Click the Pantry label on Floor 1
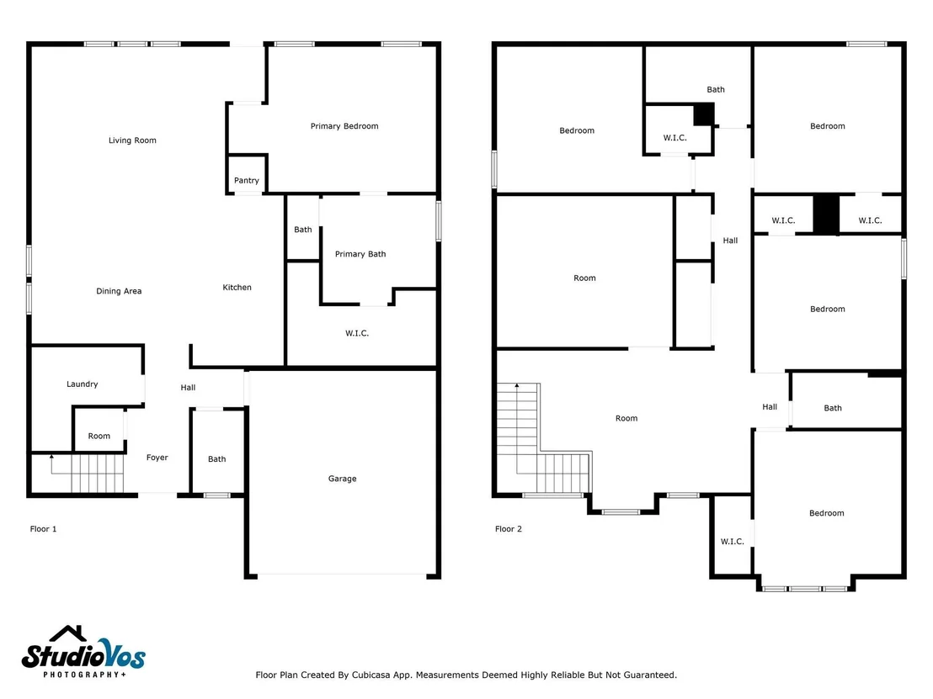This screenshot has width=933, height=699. pos(247,180)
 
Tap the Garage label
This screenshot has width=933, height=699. pos(342,479)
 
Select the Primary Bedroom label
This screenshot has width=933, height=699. pos(344,126)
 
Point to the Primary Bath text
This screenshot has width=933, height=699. pos(360,254)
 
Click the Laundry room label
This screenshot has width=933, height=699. pos(83,384)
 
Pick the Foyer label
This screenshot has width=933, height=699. pos(157,457)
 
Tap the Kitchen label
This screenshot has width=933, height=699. pos(237,287)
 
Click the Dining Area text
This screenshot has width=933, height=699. pos(119,291)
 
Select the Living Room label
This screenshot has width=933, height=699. pos(132,140)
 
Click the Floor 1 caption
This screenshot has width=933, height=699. pos(44,528)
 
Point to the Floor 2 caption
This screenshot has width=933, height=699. pos(508,528)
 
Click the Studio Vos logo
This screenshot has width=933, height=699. pos(83,652)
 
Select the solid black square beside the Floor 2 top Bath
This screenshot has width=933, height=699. pos(704,114)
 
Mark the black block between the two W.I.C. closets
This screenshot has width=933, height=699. pos(826,214)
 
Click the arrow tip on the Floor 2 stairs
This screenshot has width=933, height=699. pos(517,386)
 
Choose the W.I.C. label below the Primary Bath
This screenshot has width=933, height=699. pos(357,333)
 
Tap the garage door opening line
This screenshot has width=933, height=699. pos(342,575)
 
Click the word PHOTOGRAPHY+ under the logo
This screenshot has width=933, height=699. pos(84,675)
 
